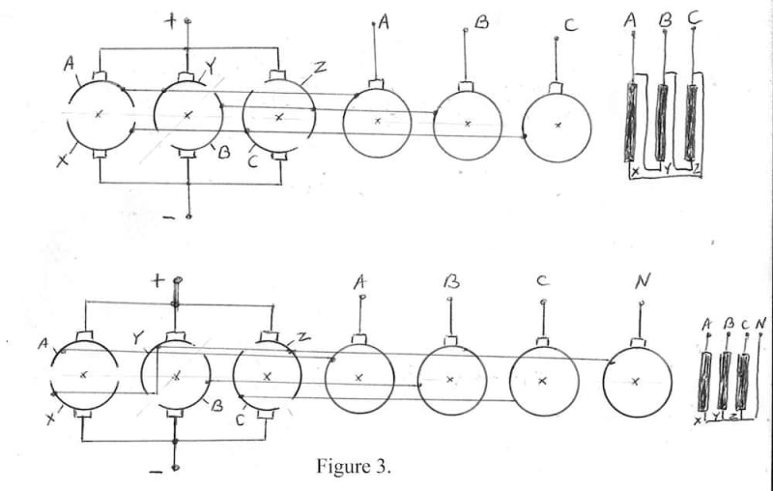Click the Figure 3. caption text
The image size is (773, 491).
[355, 467]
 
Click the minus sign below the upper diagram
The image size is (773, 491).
[169, 217]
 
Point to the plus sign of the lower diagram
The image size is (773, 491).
[158, 281]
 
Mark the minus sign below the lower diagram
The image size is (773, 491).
[156, 472]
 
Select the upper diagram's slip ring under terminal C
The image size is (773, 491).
[557, 126]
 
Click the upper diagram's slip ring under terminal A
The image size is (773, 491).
[377, 123]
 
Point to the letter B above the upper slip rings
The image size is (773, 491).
[480, 19]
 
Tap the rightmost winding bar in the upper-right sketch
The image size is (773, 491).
[691, 122]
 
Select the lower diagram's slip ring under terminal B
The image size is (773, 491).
[450, 379]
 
